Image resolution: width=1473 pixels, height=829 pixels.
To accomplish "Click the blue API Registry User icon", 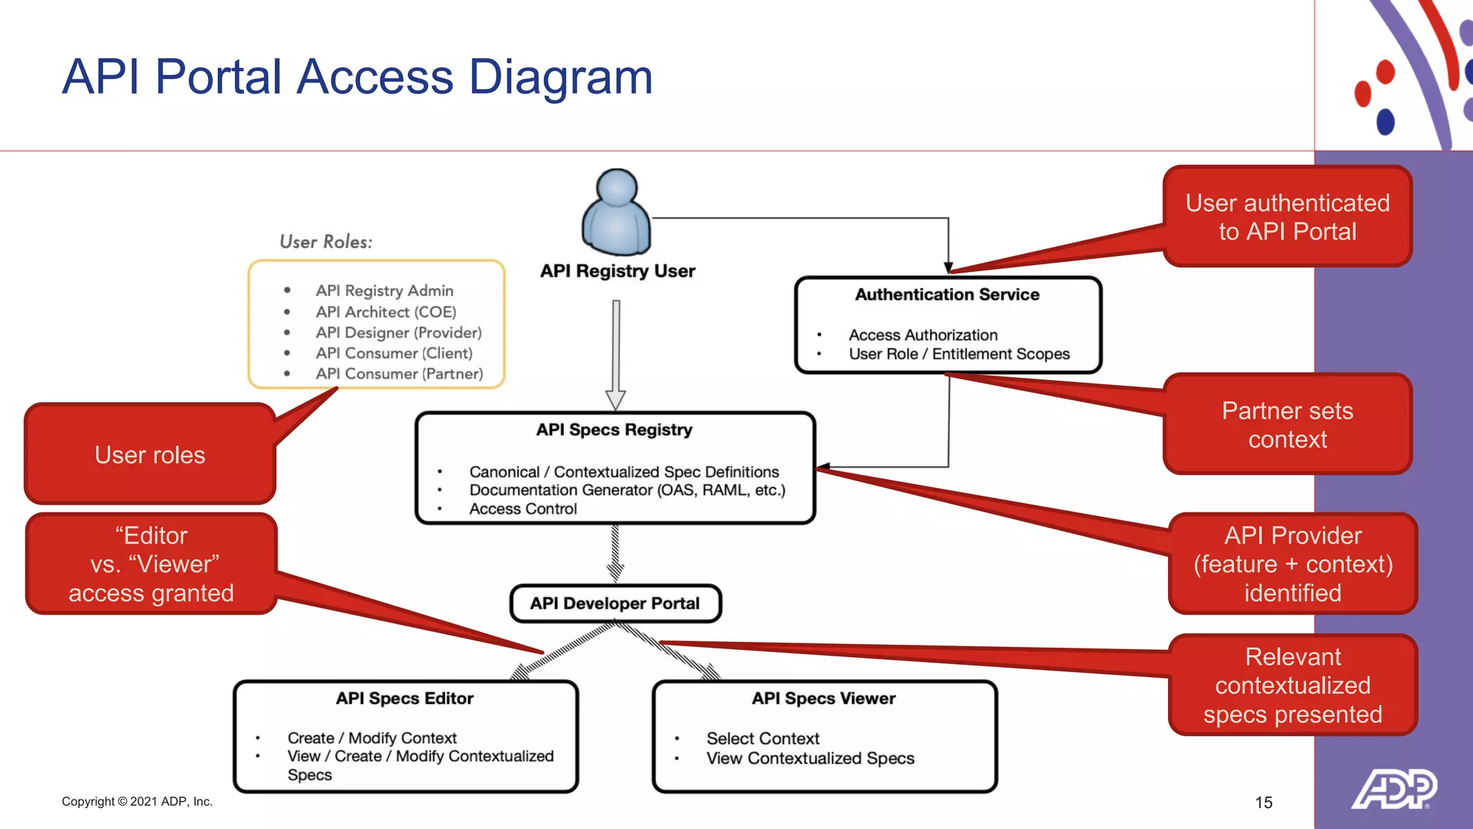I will click(616, 213).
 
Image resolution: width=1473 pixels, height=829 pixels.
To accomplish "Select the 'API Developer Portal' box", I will click(615, 603).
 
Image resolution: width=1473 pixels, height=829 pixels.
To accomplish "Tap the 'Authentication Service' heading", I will click(947, 294).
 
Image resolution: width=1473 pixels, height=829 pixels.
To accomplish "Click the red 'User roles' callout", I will click(150, 455).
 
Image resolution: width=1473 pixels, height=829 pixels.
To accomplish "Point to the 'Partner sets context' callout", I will click(1287, 425).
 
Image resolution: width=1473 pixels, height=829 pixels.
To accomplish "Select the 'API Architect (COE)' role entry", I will click(386, 312).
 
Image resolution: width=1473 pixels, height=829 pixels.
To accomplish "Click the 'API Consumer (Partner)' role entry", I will click(398, 373).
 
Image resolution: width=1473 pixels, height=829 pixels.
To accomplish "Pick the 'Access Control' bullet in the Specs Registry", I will click(523, 509).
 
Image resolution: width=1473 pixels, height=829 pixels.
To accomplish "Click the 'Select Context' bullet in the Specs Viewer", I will click(762, 738).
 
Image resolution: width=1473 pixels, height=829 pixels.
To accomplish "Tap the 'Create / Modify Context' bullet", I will click(372, 738).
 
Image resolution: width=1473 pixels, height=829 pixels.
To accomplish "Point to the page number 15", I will click(1264, 802).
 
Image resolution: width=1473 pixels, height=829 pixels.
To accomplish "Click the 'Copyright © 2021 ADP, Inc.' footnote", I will click(137, 802).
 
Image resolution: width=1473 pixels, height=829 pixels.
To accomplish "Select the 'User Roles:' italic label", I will click(326, 242).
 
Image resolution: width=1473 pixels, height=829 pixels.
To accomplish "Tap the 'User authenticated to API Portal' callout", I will click(1287, 217).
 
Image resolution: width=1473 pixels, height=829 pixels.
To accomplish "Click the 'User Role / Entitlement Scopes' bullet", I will click(959, 354).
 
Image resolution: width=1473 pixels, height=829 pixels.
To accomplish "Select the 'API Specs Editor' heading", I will click(404, 698).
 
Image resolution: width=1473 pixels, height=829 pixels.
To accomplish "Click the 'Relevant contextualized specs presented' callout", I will click(1292, 685).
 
